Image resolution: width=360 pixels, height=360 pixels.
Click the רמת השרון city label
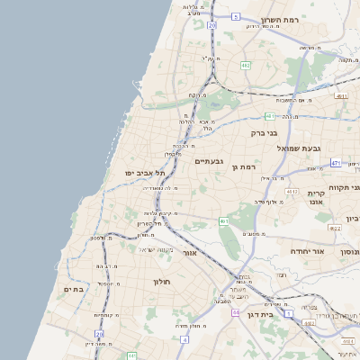click(x=279, y=20)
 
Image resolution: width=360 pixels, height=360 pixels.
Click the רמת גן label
click(x=244, y=166)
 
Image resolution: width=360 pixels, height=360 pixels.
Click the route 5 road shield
click(x=236, y=16)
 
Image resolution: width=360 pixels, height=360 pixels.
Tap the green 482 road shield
click(x=246, y=65)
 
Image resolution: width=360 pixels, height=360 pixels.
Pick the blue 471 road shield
click(x=336, y=163)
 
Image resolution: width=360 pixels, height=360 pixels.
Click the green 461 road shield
click(x=223, y=220)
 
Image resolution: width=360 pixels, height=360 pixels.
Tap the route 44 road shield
click(x=234, y=312)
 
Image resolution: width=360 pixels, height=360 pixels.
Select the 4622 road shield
click(x=335, y=229)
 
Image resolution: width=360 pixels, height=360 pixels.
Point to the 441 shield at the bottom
click(x=131, y=356)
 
